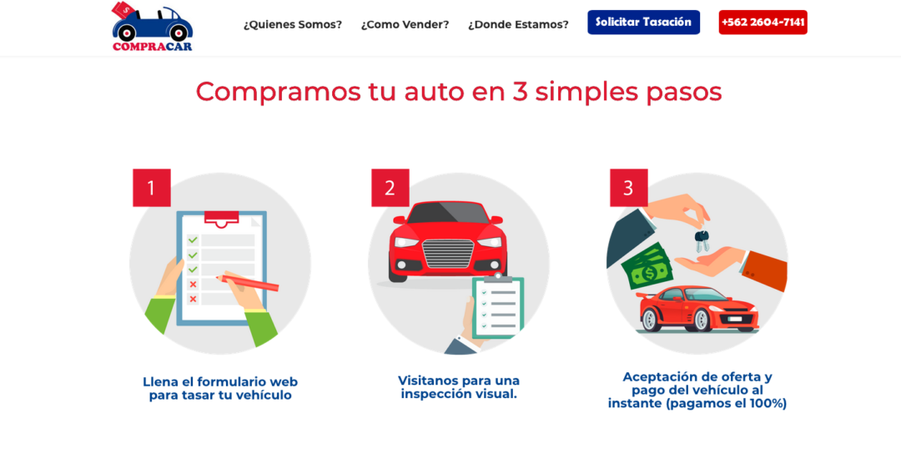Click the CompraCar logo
click(152, 27)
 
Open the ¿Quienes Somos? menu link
click(292, 24)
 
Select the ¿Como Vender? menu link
click(405, 24)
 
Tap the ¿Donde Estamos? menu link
click(518, 24)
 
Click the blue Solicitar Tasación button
click(643, 22)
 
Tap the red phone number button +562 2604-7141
click(763, 22)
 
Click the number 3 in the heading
click(520, 91)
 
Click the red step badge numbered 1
click(151, 188)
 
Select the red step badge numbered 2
click(390, 188)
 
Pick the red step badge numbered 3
click(628, 188)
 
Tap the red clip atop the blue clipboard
click(221, 218)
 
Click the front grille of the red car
click(448, 252)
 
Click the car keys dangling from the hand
click(702, 241)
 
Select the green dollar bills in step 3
click(647, 266)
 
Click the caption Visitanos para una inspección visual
click(458, 386)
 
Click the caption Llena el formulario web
click(219, 388)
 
